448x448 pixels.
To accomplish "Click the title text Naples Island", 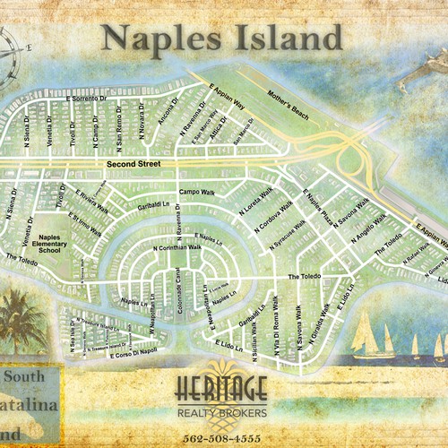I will pyautogui.click(x=221, y=38).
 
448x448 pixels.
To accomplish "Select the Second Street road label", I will pyautogui.click(x=132, y=165).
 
